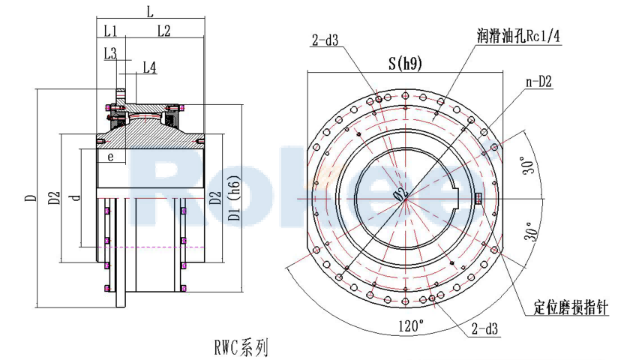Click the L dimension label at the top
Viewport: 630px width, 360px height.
coord(150,12)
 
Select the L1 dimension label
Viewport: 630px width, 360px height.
coord(110,31)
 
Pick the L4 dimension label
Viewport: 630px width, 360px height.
coord(149,68)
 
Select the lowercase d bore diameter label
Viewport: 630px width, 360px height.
coord(73,198)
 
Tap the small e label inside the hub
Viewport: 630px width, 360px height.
coord(110,157)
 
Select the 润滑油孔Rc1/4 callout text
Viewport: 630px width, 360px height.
coord(518,35)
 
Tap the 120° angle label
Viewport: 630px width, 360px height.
coord(410,325)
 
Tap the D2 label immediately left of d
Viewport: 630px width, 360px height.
coord(54,198)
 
